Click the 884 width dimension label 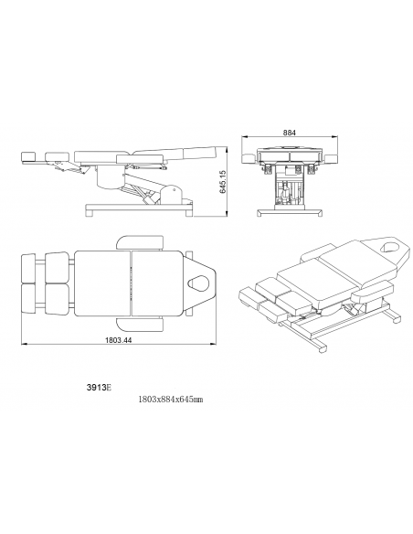(x=290, y=133)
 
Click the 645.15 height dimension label (x=223, y=182)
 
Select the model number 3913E (x=99, y=388)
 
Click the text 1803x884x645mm (x=171, y=400)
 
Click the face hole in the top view (x=197, y=283)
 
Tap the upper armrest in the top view (x=140, y=242)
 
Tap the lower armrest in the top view (x=140, y=324)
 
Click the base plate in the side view (x=139, y=208)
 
